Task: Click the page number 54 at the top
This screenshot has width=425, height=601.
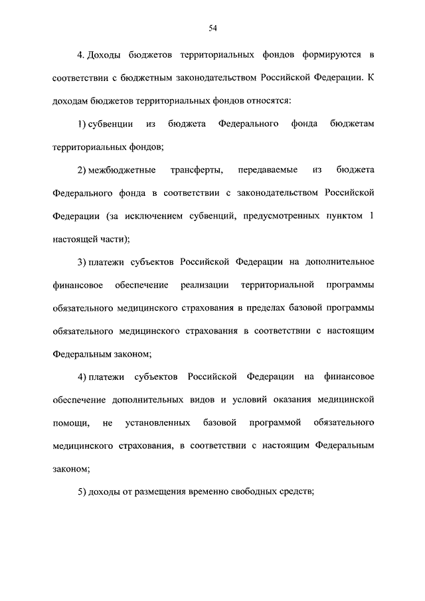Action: [x=212, y=27]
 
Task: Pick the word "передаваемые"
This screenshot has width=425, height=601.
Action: [x=272, y=170]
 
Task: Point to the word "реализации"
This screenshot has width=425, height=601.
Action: [x=204, y=286]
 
